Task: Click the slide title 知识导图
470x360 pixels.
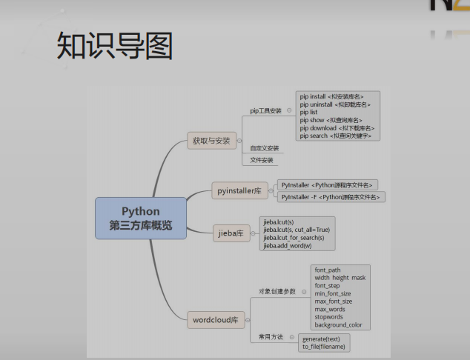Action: click(114, 45)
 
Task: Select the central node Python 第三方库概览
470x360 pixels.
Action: click(141, 219)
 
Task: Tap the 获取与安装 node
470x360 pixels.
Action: click(211, 140)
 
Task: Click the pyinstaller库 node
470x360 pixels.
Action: click(238, 191)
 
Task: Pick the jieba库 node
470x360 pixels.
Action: click(230, 233)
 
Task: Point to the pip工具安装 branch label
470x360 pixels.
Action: click(265, 110)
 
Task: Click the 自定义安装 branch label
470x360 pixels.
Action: click(264, 148)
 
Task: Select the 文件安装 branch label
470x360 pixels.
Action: click(261, 160)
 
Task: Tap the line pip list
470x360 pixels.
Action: click(308, 112)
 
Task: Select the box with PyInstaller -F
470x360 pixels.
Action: click(331, 197)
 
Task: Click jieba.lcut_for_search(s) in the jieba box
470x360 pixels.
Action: click(294, 238)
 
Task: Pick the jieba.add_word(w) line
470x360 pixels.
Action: click(287, 246)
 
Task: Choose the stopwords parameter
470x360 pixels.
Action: click(329, 317)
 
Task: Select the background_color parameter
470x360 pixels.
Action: click(339, 325)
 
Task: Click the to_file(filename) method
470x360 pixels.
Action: click(324, 347)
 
